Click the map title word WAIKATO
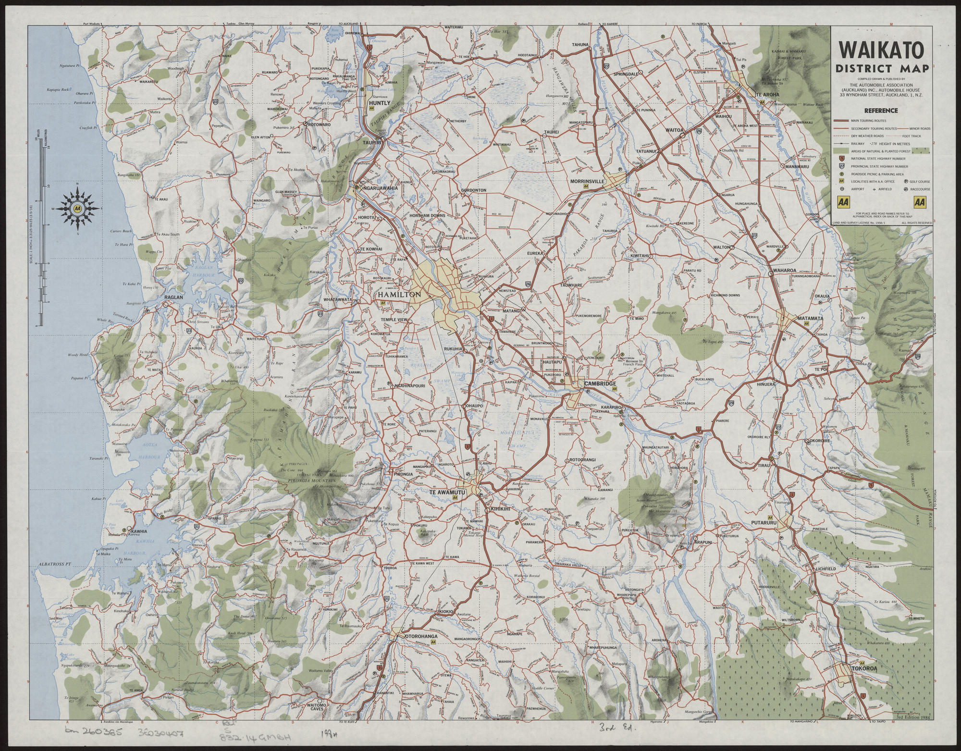click(x=882, y=51)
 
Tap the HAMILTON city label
click(x=399, y=295)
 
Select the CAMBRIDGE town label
click(x=600, y=383)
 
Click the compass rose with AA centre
click(x=77, y=209)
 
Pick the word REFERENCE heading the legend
click(x=881, y=111)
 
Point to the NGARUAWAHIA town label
click(x=381, y=188)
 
